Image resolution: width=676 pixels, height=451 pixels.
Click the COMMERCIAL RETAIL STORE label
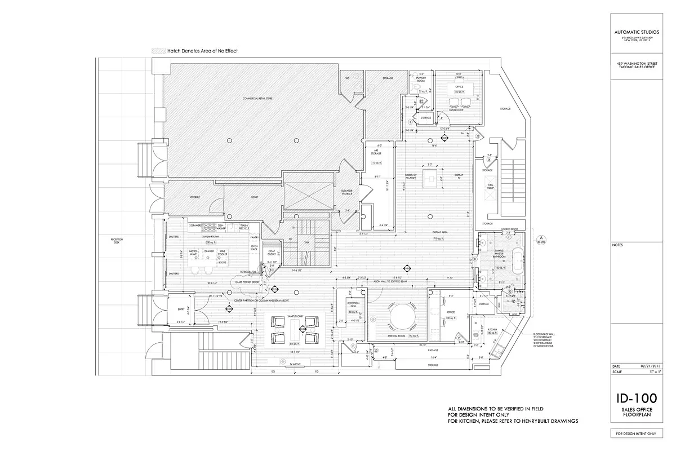(x=258, y=99)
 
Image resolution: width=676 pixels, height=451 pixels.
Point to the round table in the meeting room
(x=401, y=317)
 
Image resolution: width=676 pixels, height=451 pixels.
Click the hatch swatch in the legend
(x=159, y=51)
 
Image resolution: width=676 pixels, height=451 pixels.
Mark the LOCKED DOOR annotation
(x=509, y=229)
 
